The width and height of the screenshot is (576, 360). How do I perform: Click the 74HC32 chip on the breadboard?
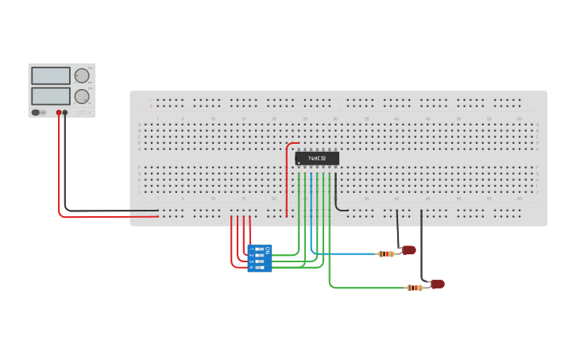point(317,159)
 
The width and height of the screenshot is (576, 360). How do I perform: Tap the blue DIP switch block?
point(260,258)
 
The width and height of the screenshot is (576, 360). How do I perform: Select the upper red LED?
point(409,250)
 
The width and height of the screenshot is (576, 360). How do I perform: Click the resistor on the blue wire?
point(387,254)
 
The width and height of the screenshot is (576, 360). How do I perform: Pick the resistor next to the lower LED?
point(415,288)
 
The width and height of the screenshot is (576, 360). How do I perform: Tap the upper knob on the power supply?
point(82,75)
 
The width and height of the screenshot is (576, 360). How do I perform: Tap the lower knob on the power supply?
point(82,96)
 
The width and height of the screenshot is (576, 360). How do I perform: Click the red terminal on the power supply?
point(58,113)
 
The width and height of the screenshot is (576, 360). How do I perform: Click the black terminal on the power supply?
point(65,113)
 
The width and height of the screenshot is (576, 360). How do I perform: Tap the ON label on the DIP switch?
point(268,251)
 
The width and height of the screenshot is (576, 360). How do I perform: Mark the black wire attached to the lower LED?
point(422,246)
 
